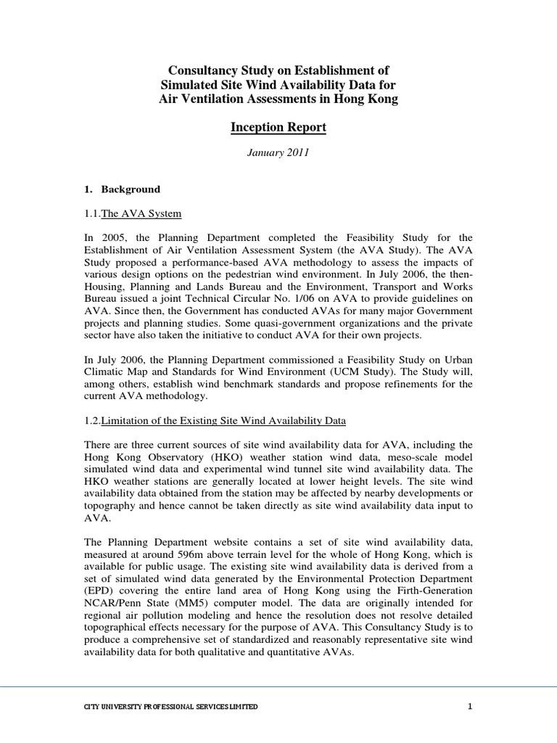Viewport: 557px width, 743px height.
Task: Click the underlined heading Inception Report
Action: (x=278, y=128)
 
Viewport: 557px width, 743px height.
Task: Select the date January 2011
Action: (x=278, y=153)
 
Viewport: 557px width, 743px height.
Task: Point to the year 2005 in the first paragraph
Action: (x=112, y=237)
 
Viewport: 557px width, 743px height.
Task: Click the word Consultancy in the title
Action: (x=205, y=70)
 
